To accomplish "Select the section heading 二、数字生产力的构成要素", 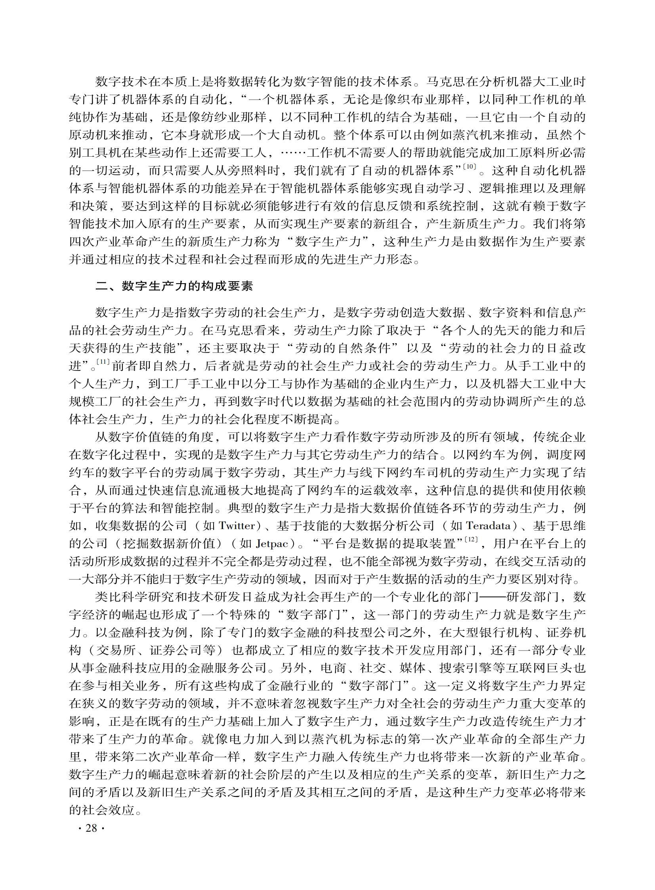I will (174, 286).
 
